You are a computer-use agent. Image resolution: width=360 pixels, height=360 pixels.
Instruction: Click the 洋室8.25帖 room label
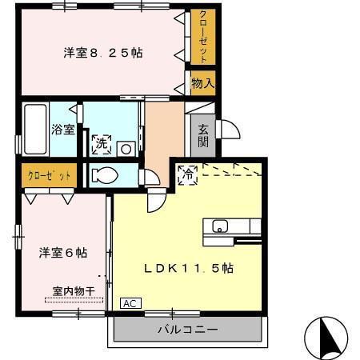tap(103, 54)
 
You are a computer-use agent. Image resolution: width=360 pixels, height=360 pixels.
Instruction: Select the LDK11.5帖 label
tap(188, 268)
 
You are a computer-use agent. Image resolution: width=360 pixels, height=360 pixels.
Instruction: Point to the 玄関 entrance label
tap(203, 135)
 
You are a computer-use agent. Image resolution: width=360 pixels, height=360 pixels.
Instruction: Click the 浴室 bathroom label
tap(63, 129)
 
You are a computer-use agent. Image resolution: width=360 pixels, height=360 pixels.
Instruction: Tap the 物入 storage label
tap(203, 82)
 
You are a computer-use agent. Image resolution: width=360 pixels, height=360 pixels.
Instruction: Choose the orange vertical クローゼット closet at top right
tap(203, 37)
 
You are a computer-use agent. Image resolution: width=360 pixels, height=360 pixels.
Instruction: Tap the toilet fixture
tap(104, 174)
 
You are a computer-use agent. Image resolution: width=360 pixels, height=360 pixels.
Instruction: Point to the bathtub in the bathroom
tap(34, 128)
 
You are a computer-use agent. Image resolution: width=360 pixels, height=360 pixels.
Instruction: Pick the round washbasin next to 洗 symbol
tap(126, 147)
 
